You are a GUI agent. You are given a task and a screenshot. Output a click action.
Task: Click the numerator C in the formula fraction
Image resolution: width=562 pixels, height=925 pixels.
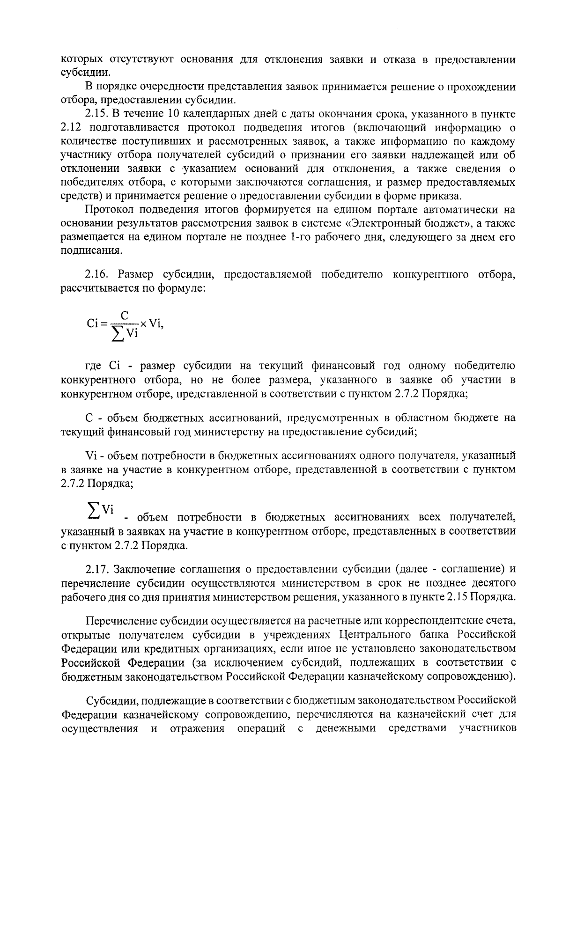pyautogui.click(x=124, y=316)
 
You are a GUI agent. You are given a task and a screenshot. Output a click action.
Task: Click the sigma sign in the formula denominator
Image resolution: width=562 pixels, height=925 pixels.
pyautogui.click(x=119, y=334)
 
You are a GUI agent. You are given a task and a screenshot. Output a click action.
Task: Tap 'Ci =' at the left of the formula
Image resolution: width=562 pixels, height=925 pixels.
pyautogui.click(x=97, y=323)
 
